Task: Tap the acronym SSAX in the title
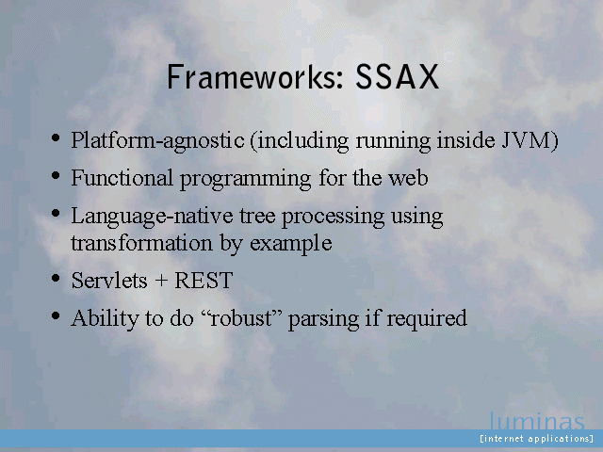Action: pyautogui.click(x=397, y=77)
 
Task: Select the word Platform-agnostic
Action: pyautogui.click(x=157, y=140)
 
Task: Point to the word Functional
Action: pyautogui.click(x=122, y=178)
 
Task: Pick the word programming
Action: pyautogui.click(x=245, y=180)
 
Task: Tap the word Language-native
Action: pyautogui.click(x=152, y=217)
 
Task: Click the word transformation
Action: pyautogui.click(x=141, y=243)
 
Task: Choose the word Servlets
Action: pyautogui.click(x=109, y=281)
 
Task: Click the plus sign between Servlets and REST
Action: pyautogui.click(x=161, y=282)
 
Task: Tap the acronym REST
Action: pyautogui.click(x=204, y=281)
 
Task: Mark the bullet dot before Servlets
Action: pyautogui.click(x=56, y=278)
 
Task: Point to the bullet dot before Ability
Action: pyautogui.click(x=56, y=316)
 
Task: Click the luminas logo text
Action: pyautogui.click(x=537, y=421)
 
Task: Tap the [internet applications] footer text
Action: pyautogui.click(x=536, y=439)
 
